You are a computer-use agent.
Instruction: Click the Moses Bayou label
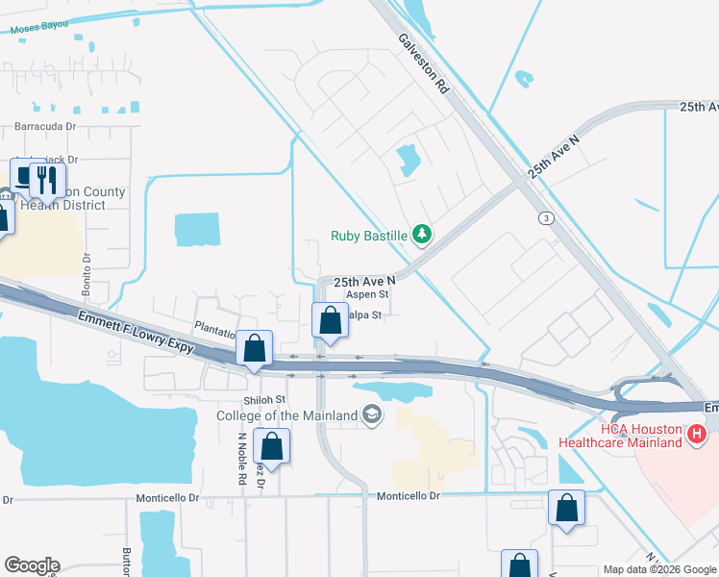click(41, 28)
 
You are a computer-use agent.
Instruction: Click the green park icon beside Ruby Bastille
click(420, 234)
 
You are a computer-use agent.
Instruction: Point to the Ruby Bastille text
click(368, 235)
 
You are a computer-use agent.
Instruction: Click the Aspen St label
click(367, 294)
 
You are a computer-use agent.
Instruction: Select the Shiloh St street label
click(266, 399)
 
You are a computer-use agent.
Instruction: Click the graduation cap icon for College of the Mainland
click(372, 414)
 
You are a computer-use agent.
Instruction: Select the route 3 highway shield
click(547, 218)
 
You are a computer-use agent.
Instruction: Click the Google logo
click(32, 565)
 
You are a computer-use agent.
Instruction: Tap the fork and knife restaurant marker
click(46, 180)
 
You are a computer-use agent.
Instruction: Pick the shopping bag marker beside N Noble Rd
click(272, 447)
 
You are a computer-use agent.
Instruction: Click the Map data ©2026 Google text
click(658, 569)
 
